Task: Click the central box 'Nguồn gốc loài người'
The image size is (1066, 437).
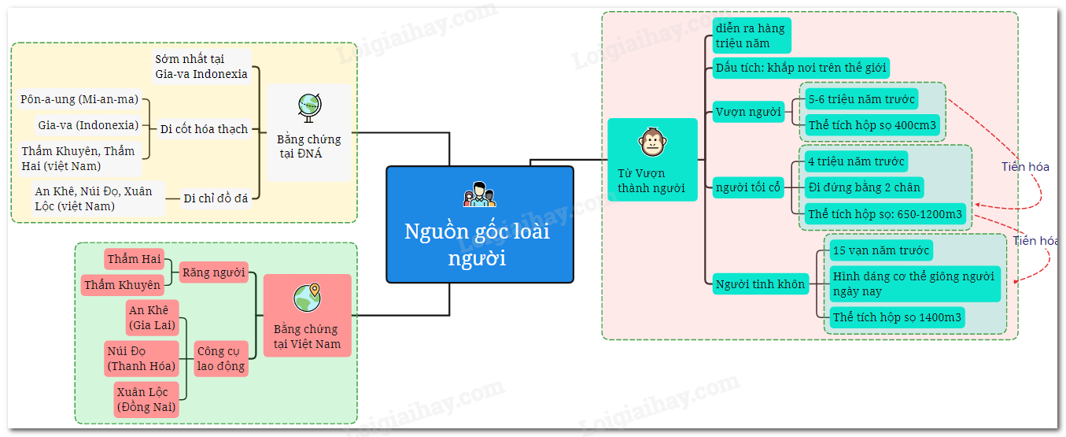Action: pyautogui.click(x=479, y=236)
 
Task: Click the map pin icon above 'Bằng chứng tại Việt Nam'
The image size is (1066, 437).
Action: pyautogui.click(x=307, y=298)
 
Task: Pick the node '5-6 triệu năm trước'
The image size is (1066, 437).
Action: pyautogui.click(x=861, y=99)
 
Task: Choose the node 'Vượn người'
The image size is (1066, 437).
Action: pyautogui.click(x=748, y=112)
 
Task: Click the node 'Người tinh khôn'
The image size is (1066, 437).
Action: pyautogui.click(x=761, y=284)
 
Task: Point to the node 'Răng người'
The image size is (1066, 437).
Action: pyautogui.click(x=213, y=272)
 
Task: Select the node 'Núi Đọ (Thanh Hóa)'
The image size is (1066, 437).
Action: pyautogui.click(x=142, y=358)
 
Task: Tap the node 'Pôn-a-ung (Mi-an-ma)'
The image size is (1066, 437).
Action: pyautogui.click(x=79, y=99)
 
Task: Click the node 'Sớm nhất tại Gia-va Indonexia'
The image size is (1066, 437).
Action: pyautogui.click(x=201, y=67)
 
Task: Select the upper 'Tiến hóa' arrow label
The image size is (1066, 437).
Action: pyautogui.click(x=1025, y=167)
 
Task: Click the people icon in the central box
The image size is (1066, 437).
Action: pyautogui.click(x=479, y=194)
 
